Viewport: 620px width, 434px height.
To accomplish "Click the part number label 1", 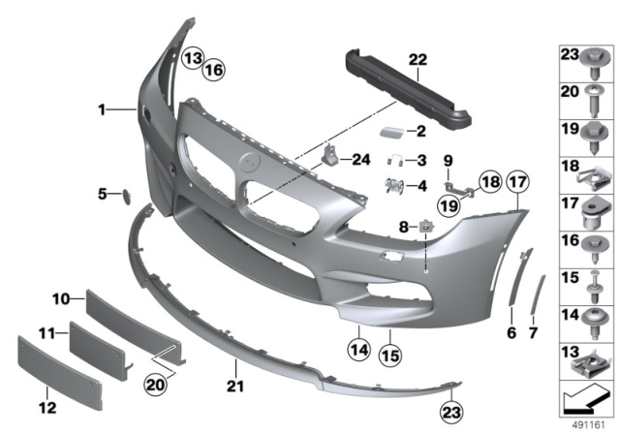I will (101, 111).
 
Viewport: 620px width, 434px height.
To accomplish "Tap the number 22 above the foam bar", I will (417, 59).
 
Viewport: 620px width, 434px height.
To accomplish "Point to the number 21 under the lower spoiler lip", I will (237, 367).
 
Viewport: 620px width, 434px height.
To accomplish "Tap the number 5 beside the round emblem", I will (105, 194).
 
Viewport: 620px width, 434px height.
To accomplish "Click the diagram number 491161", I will (590, 421).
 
